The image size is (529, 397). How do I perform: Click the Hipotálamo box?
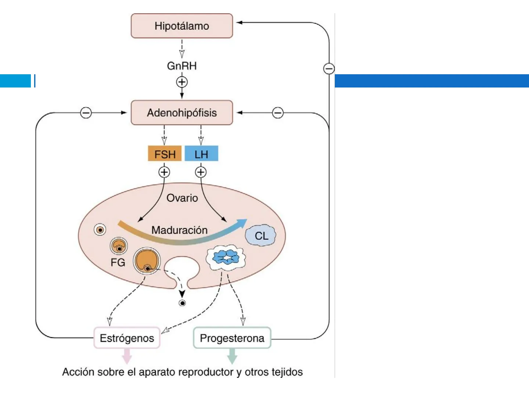pyautogui.click(x=182, y=26)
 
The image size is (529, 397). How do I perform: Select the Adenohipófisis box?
pyautogui.click(x=182, y=113)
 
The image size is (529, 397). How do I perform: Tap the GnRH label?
pyautogui.click(x=182, y=66)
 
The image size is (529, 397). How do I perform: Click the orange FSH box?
pyautogui.click(x=165, y=154)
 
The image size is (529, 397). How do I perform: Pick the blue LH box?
pyautogui.click(x=201, y=154)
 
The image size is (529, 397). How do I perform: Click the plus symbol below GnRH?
pyautogui.click(x=182, y=82)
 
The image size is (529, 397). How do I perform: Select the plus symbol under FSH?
pyautogui.click(x=164, y=172)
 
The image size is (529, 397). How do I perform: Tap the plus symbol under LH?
pyautogui.click(x=201, y=172)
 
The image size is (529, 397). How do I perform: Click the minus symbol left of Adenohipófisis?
pyautogui.click(x=86, y=112)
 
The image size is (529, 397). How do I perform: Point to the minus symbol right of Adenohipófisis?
pyautogui.click(x=278, y=112)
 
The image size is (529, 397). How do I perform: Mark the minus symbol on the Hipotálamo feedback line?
pyautogui.click(x=329, y=68)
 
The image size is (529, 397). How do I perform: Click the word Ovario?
pyautogui.click(x=182, y=198)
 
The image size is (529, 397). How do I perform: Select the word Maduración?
pyautogui.click(x=180, y=230)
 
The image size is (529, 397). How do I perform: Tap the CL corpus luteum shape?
pyautogui.click(x=261, y=236)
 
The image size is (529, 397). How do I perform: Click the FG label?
pyautogui.click(x=118, y=262)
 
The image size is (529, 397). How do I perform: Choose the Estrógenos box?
pyautogui.click(x=127, y=338)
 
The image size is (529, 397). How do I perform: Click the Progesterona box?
pyautogui.click(x=232, y=338)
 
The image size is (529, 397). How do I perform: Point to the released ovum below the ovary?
pyautogui.click(x=182, y=303)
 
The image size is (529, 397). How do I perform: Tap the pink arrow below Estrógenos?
pyautogui.click(x=127, y=356)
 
